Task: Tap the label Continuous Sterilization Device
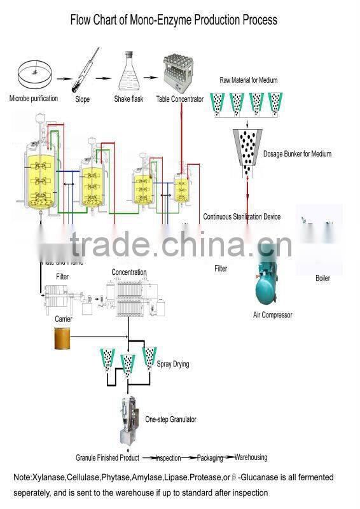[242, 217]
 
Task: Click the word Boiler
[322, 278]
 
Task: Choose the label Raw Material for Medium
[249, 80]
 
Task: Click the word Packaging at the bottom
[210, 457]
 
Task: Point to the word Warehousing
[251, 457]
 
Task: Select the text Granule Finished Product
[107, 458]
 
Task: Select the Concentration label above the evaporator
[129, 272]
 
